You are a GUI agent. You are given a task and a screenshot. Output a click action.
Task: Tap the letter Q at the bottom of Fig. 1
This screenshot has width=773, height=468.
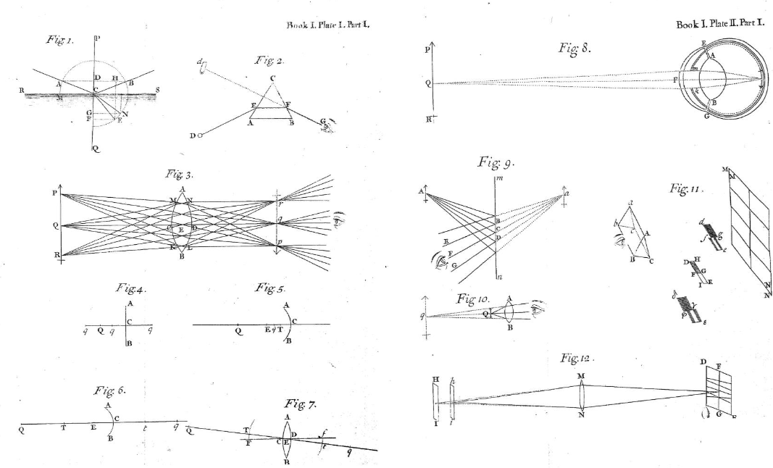pos(96,149)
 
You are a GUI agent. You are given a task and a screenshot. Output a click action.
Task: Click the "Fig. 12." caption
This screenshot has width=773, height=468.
pos(577,359)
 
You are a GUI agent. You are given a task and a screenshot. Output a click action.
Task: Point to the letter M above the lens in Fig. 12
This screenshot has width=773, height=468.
pos(580,376)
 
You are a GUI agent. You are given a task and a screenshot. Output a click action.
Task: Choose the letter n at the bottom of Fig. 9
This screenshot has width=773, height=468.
pos(499,278)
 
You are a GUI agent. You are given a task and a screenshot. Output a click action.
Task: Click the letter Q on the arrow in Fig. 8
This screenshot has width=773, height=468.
pos(429,83)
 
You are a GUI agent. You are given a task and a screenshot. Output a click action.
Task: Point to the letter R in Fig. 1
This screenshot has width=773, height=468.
pos(22,91)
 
